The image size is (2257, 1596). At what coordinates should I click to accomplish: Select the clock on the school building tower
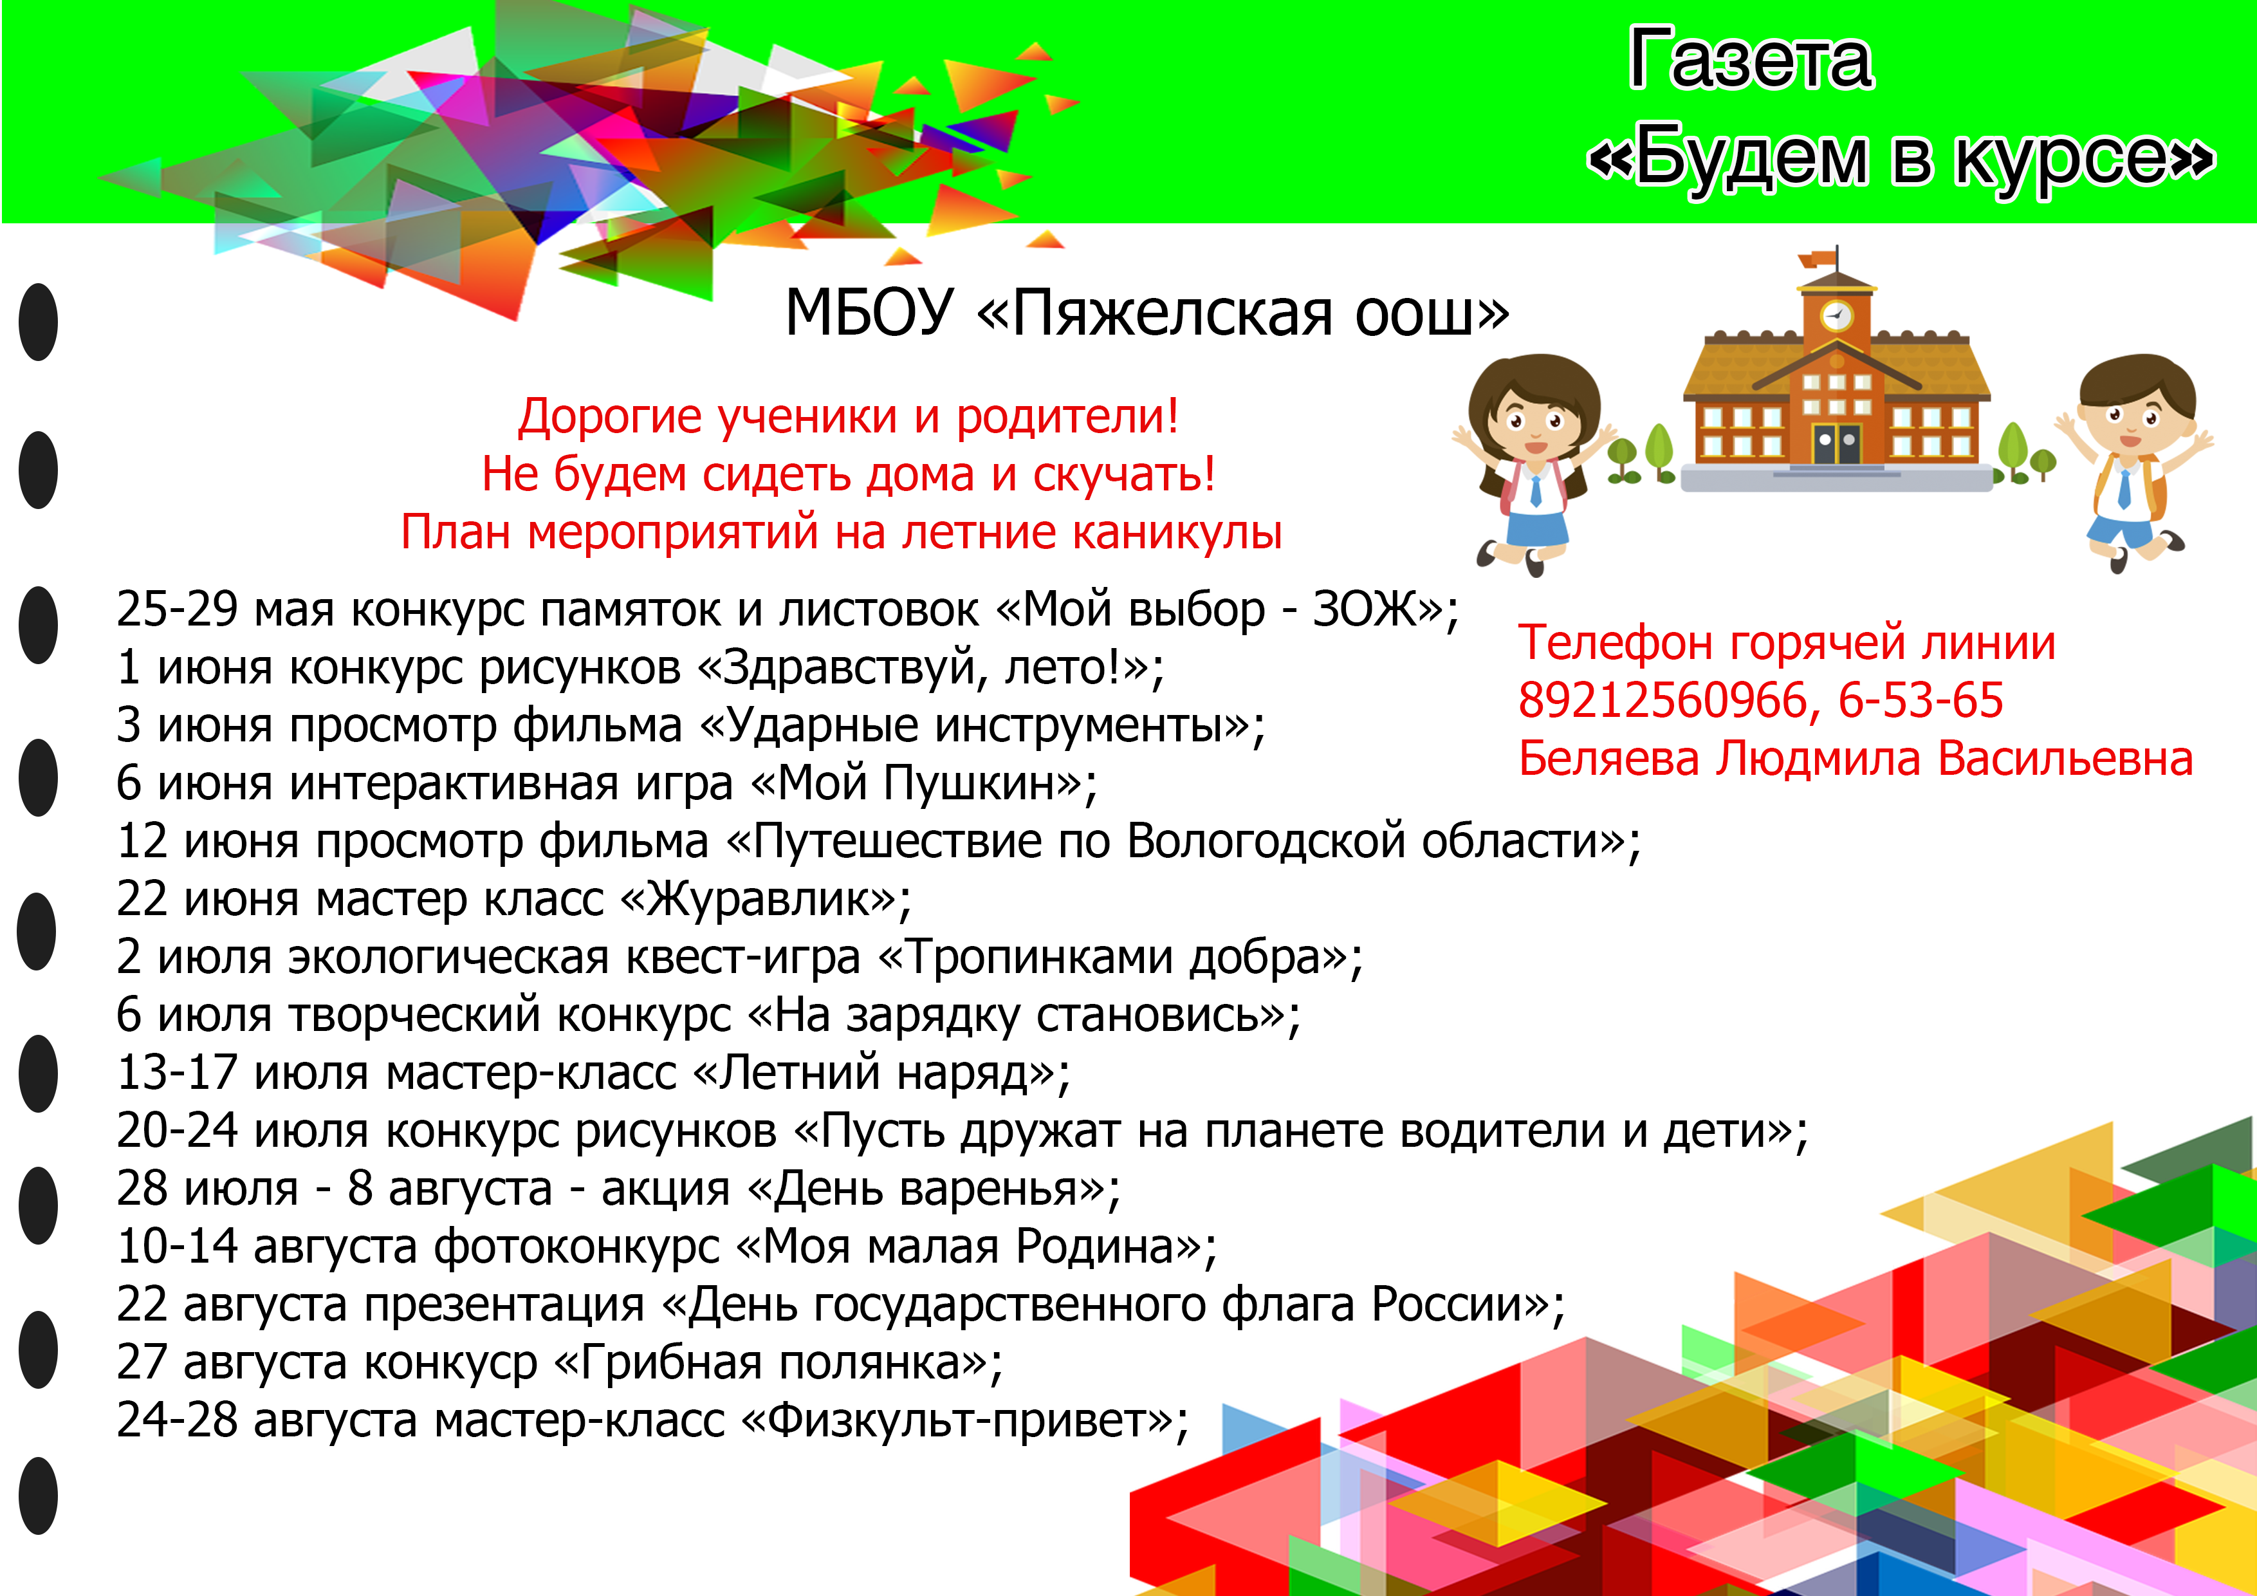tap(1836, 315)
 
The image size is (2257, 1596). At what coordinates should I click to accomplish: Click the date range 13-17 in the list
tap(177, 1073)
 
